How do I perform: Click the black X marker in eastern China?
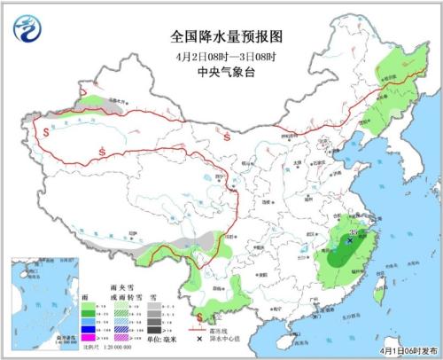(350, 239)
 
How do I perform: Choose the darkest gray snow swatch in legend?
(152, 330)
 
